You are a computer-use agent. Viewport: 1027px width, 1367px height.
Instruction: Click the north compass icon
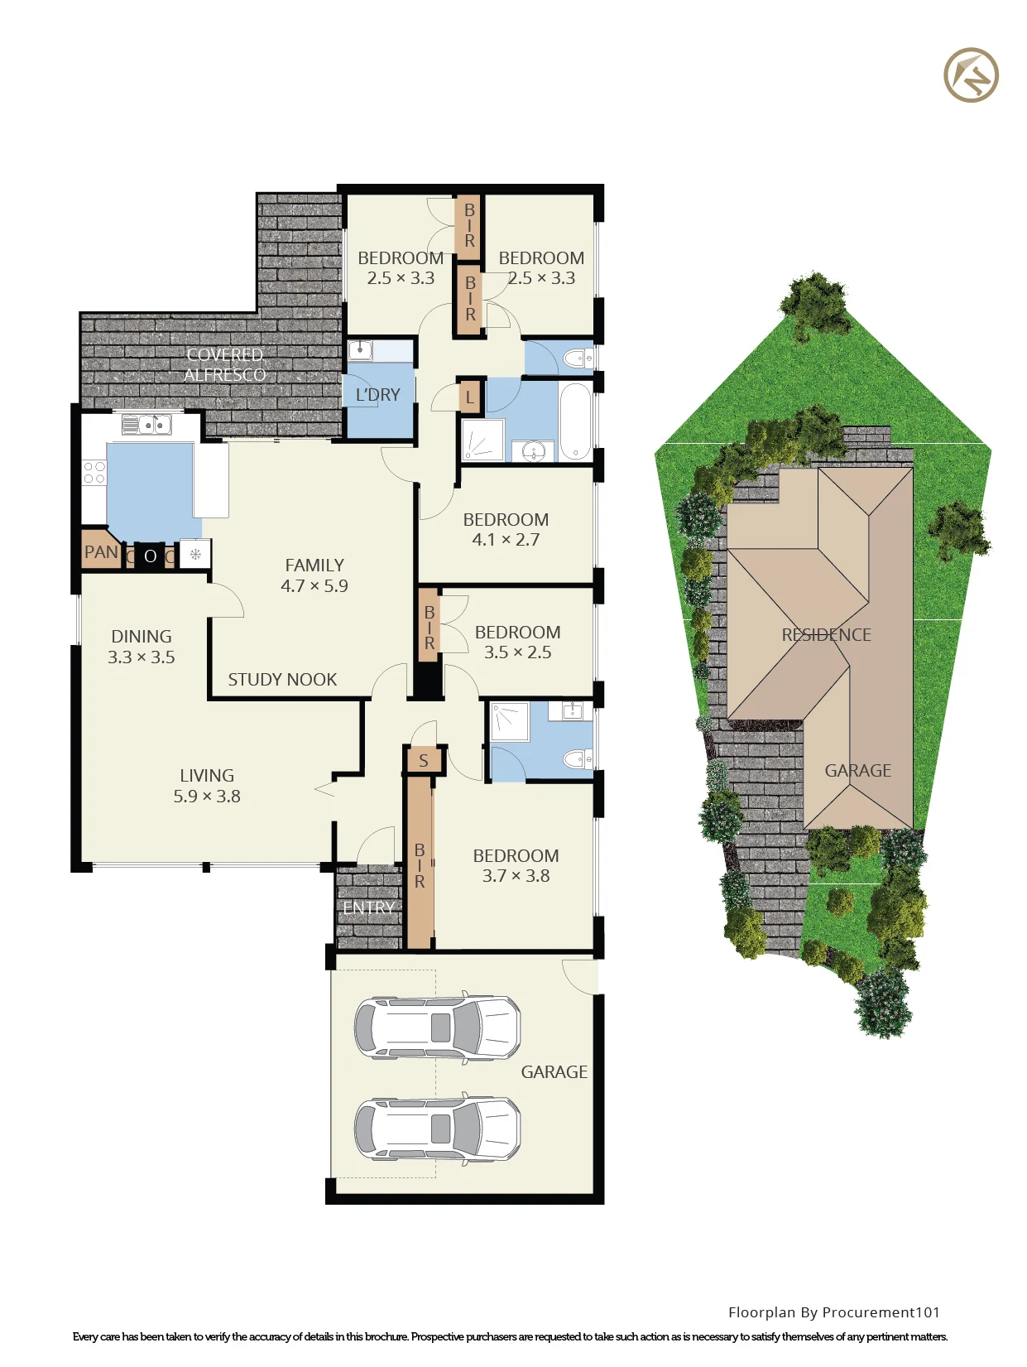point(971,75)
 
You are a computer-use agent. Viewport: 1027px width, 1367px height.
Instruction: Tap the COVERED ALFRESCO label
point(225,364)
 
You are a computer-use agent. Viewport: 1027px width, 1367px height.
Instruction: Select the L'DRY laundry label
point(378,395)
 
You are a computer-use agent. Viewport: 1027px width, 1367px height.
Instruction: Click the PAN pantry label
point(101,551)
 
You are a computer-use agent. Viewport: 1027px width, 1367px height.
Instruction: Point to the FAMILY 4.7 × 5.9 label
point(314,575)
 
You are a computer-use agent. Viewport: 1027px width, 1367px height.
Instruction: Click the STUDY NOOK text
point(282,680)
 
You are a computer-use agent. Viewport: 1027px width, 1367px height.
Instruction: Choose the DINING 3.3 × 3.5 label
point(142,647)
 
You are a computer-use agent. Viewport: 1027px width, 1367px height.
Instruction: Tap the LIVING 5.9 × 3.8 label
point(207,786)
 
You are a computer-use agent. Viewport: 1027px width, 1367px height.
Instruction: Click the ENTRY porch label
point(368,908)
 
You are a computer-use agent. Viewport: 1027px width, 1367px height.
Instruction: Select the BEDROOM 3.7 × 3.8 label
point(516,866)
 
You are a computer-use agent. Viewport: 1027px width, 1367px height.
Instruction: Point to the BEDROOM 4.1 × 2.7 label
point(506,529)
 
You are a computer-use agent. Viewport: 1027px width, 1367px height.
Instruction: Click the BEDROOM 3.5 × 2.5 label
point(518,642)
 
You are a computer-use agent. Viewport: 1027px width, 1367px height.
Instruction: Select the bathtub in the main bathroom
point(576,421)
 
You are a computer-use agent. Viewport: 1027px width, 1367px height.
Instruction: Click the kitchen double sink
point(147,425)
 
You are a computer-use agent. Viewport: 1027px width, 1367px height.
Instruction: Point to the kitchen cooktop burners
point(94,472)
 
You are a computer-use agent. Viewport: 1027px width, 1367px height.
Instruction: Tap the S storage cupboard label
point(423,760)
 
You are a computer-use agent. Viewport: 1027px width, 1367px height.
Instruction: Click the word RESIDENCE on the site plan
point(826,634)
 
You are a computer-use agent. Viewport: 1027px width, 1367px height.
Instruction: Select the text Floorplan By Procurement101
point(833,1312)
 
